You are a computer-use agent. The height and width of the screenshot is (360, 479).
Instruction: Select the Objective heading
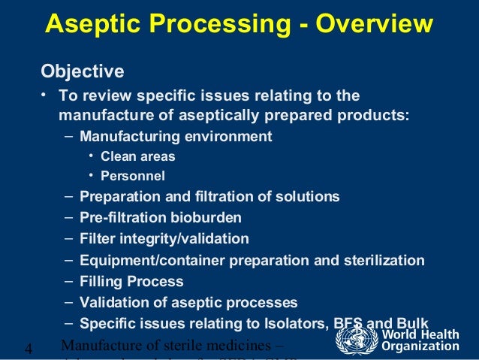[82, 72]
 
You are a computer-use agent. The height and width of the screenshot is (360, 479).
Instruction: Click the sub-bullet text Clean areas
[137, 156]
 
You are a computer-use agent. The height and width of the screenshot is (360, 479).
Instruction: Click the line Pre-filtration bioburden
[161, 218]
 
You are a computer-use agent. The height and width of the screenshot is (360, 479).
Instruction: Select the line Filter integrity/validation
[164, 239]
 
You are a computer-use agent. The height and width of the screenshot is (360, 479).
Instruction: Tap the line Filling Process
[131, 282]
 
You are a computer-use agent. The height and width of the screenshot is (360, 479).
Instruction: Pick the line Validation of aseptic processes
[188, 303]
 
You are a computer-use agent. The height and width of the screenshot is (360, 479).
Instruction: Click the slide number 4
[29, 348]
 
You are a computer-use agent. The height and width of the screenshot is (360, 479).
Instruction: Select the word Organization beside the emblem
[420, 346]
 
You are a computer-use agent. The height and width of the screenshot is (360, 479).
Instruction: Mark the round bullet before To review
[44, 96]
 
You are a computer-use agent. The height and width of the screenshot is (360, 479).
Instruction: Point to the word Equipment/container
[136, 261]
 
